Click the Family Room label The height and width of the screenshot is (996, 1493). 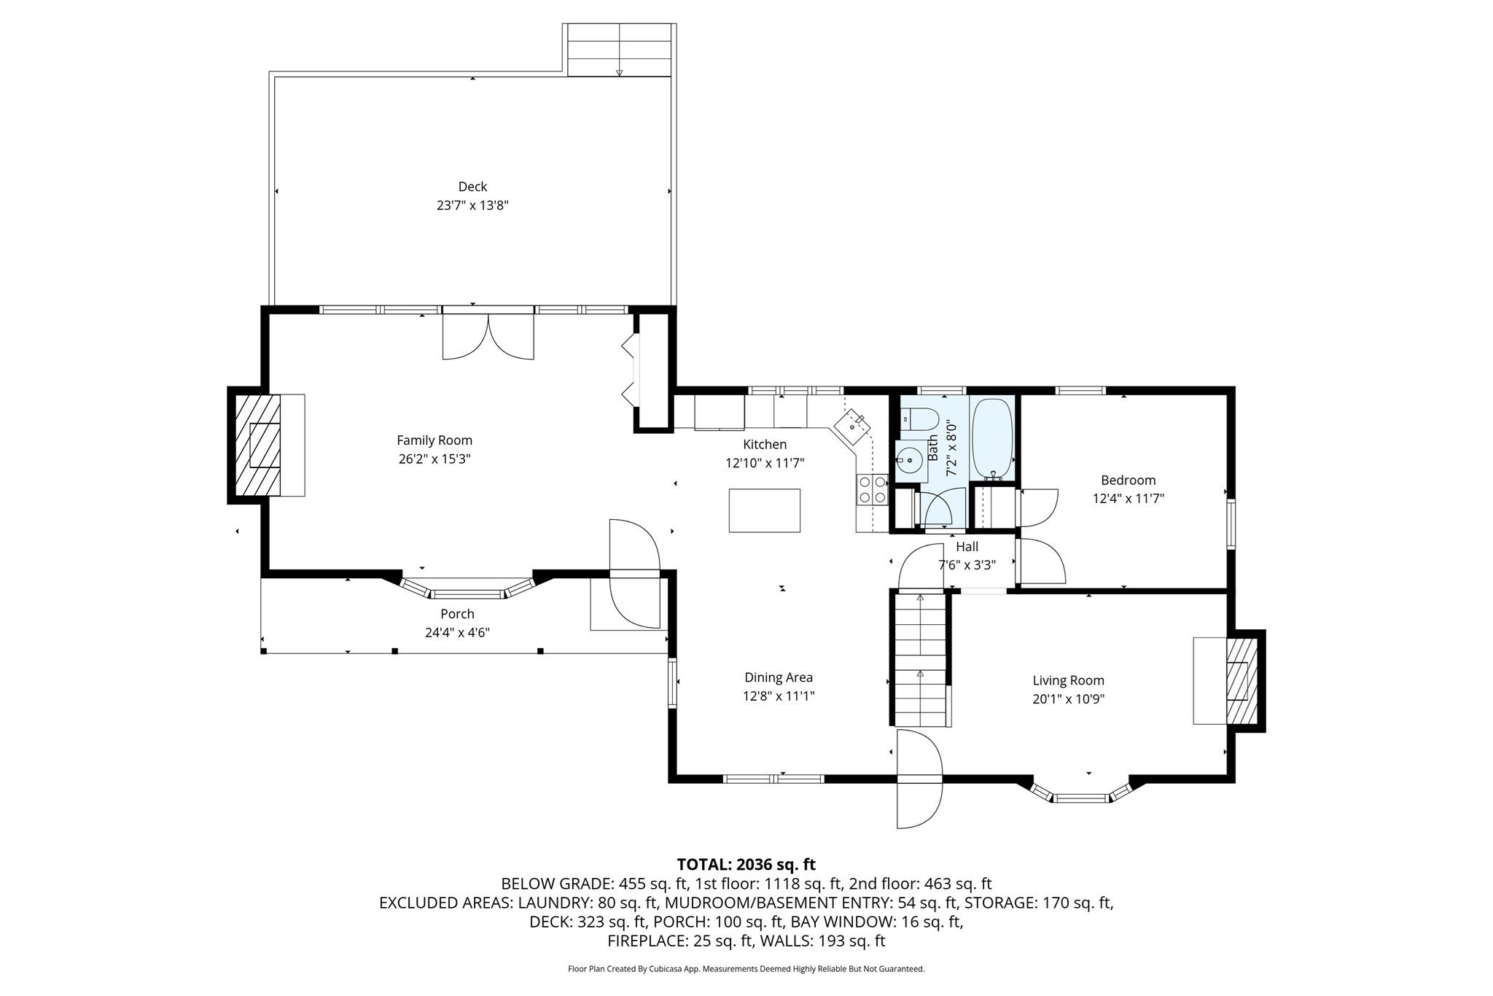(434, 440)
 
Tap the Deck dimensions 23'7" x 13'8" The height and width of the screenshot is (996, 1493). (472, 206)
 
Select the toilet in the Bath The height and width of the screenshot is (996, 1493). (920, 420)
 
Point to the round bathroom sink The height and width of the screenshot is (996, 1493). (909, 460)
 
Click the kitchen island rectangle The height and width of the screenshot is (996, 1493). (764, 510)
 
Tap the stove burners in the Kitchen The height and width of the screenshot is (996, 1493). (872, 489)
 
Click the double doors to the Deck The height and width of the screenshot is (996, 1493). (488, 336)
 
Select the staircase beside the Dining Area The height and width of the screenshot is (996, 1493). (920, 660)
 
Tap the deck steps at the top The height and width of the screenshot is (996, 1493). (618, 50)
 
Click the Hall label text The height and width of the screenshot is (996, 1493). (967, 547)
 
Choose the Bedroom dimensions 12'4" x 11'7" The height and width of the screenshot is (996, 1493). (1128, 499)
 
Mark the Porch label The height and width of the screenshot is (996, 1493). (457, 614)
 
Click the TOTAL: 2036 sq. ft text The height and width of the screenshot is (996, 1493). (746, 865)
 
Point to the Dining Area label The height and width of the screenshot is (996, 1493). (778, 677)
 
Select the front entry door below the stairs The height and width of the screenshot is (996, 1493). (919, 780)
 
